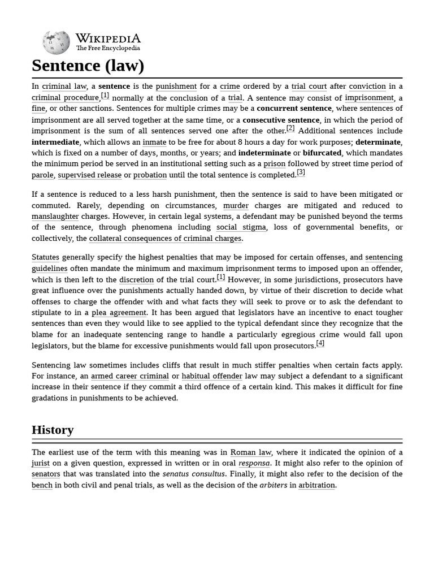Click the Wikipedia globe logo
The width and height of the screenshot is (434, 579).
[x=56, y=42]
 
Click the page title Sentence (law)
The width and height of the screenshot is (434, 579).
[x=88, y=66]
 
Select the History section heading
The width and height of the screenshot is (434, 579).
[x=53, y=430]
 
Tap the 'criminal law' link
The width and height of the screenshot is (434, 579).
[x=64, y=87]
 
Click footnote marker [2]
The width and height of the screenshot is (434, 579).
[x=290, y=128]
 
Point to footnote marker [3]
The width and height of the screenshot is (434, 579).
[x=301, y=172]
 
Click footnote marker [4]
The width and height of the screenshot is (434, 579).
[x=320, y=343]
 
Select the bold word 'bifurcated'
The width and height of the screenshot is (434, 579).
[x=322, y=153]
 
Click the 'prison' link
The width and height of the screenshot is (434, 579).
[x=274, y=164]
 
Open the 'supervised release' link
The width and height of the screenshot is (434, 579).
[x=89, y=175]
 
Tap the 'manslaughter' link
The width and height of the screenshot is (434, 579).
[x=55, y=217]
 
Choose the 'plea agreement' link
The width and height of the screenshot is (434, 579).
[x=119, y=313]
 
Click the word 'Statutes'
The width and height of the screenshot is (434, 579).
[x=45, y=257]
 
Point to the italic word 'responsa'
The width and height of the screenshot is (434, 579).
[x=254, y=463]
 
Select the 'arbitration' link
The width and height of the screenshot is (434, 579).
[x=316, y=485]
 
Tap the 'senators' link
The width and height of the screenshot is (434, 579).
[x=46, y=474]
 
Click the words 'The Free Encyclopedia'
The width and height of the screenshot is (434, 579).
[x=108, y=49]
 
